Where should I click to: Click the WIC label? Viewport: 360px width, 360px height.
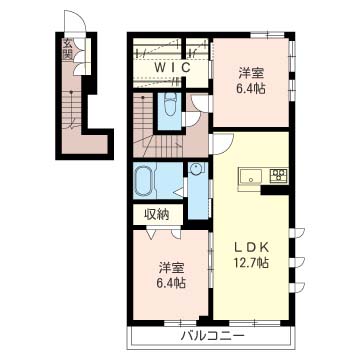pos(172,67)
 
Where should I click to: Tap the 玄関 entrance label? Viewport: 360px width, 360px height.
pos(68,49)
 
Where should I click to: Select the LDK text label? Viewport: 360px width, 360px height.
pos(251,248)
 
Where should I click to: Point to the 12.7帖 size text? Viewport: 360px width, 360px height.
pos(251,263)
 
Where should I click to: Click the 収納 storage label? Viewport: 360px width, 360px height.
pos(157,215)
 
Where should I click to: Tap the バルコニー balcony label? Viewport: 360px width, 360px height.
pos(212,336)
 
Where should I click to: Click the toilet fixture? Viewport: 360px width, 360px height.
pos(170,104)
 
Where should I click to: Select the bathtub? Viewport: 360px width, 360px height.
pos(145,181)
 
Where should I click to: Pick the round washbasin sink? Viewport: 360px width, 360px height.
pos(195,169)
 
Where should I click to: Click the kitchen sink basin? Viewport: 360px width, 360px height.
pos(250,176)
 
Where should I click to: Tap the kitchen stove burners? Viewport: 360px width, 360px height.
pos(278,176)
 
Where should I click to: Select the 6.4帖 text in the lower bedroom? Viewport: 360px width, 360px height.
pos(171,283)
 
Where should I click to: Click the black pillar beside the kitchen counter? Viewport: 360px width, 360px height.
pos(274,190)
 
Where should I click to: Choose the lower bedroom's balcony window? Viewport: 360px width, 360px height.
pos(180,323)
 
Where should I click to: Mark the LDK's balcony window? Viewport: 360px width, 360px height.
pos(255,323)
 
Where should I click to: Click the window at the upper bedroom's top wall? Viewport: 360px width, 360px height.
pos(267,35)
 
